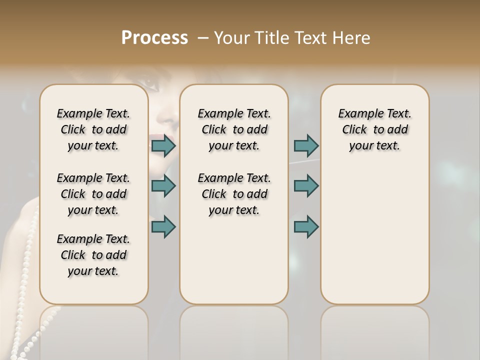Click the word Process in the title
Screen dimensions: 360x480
[x=154, y=38]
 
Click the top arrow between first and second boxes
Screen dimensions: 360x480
[x=163, y=146]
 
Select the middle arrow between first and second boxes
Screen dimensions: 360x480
[x=163, y=186]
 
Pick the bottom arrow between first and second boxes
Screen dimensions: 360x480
[x=163, y=226]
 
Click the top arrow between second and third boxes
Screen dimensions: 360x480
[x=306, y=146]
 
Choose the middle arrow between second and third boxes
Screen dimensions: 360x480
[x=306, y=186]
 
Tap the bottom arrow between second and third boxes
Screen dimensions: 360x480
[x=306, y=226]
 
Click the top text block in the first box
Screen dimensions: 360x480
[x=93, y=129]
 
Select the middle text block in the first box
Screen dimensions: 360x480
[x=93, y=194]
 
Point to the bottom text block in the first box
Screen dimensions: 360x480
[x=93, y=255]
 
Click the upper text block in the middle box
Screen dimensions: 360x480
[x=234, y=129]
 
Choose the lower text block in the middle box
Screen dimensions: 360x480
[x=234, y=194]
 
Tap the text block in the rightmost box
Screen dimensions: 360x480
[x=374, y=129]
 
